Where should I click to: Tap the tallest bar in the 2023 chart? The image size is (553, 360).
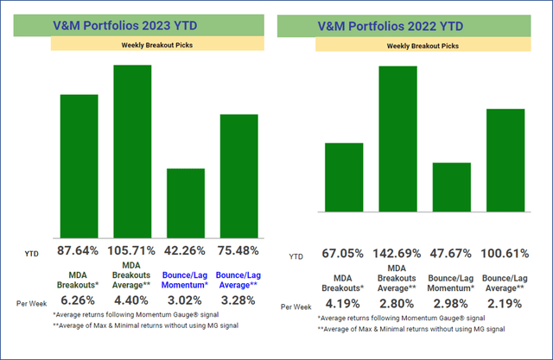point(132,151)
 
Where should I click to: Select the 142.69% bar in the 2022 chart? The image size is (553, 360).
point(398,138)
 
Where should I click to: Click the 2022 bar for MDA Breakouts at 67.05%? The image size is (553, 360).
point(344,177)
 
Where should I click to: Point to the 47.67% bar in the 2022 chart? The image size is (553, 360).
point(451,187)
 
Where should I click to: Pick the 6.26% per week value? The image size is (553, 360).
point(77,301)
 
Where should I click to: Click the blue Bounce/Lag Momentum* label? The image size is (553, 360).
point(185,277)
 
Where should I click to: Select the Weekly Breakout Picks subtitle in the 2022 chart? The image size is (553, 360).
point(423,45)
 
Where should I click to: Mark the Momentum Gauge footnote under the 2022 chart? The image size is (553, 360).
point(392,319)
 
